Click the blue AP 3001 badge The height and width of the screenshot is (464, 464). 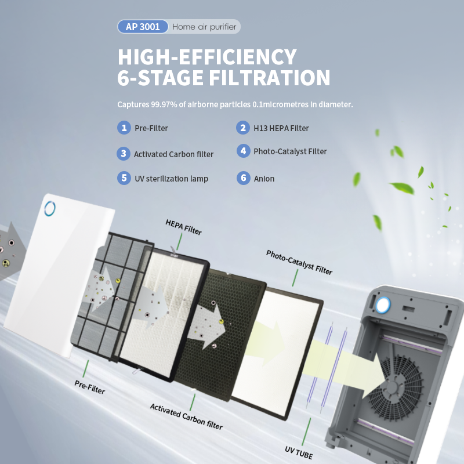tap(143, 27)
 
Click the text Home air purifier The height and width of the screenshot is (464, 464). tap(204, 27)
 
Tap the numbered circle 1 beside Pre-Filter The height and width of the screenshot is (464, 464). tap(124, 128)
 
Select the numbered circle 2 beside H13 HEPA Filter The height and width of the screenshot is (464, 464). tap(243, 128)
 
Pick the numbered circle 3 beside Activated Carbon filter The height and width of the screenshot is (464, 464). tap(124, 154)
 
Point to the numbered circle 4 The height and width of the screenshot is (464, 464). tap(243, 151)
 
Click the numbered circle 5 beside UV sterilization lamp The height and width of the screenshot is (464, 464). tap(124, 178)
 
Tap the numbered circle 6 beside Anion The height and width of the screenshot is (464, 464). tap(243, 178)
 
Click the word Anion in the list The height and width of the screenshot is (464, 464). tap(264, 179)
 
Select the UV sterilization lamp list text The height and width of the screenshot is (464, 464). tap(171, 179)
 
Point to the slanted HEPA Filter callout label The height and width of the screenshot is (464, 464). tap(183, 227)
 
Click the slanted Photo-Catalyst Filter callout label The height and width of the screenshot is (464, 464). tap(299, 262)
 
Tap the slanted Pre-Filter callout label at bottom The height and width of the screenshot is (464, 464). tap(90, 387)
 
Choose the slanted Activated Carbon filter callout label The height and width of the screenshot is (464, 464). tap(186, 416)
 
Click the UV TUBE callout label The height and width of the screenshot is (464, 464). tap(299, 453)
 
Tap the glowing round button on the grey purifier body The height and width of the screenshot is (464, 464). tap(383, 305)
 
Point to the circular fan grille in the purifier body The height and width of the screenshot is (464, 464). tap(395, 385)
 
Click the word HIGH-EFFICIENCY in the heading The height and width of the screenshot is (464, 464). tap(207, 57)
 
